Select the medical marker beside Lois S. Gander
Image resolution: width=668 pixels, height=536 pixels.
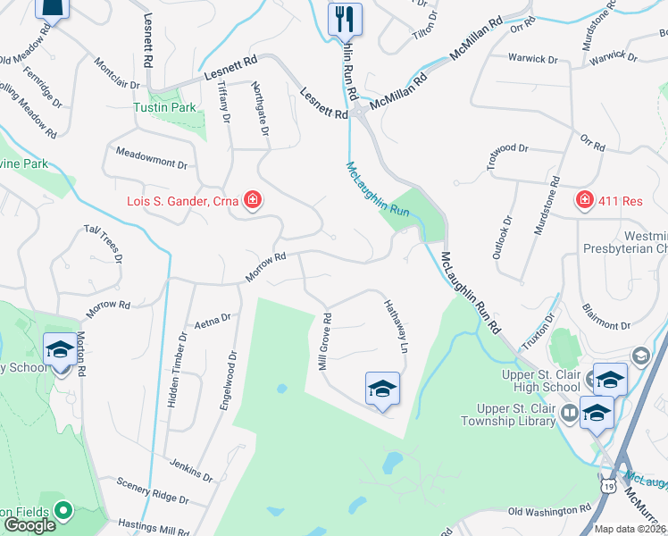(253, 200)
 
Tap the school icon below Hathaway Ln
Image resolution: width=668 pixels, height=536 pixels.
(382, 389)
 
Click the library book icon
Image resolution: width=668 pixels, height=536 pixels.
(568, 414)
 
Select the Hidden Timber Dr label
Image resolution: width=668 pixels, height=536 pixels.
(178, 370)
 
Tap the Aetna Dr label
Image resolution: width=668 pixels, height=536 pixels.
(213, 318)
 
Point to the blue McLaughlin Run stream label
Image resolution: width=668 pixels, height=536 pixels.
(378, 188)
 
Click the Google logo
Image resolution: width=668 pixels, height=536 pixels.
(29, 525)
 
